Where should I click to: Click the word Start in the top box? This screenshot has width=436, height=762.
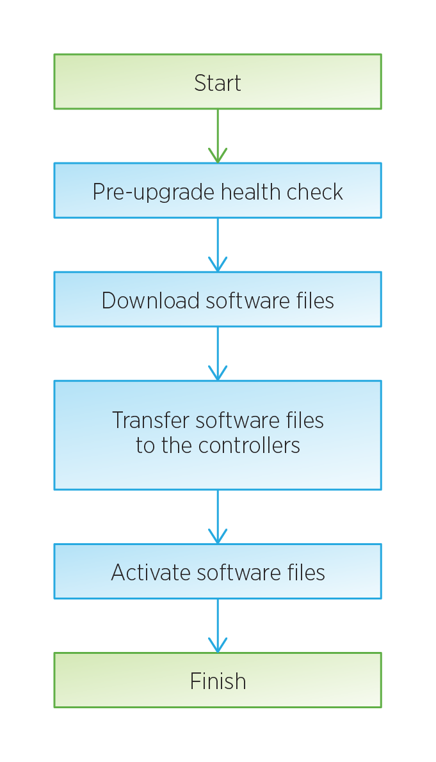pos(217,83)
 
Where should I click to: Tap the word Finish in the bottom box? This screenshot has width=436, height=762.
pos(218,681)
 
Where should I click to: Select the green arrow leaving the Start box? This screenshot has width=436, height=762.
pos(218,136)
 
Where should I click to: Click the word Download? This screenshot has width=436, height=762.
pos(150,300)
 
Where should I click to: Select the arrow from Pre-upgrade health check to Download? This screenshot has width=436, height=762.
pos(218,244)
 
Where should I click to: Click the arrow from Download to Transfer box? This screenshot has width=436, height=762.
pos(218,353)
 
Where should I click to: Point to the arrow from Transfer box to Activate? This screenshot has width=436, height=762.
pos(218,516)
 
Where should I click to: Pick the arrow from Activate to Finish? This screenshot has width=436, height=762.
pos(218,626)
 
